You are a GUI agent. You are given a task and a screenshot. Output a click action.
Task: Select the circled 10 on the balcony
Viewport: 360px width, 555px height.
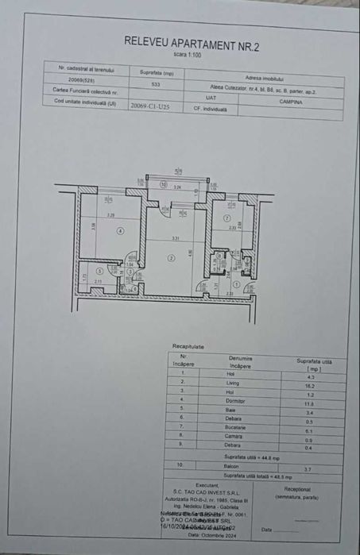(x=163, y=184)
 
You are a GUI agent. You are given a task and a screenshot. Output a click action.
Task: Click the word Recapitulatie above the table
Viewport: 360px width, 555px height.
(x=188, y=346)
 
